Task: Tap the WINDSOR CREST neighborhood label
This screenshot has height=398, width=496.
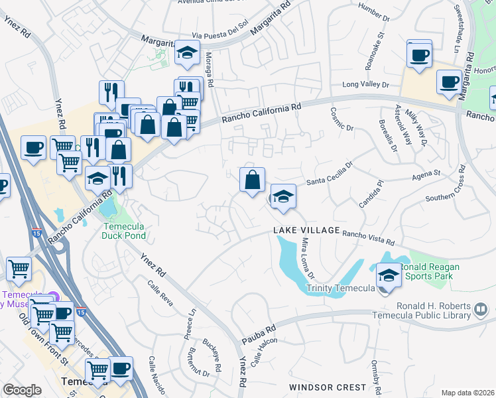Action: pos(327,387)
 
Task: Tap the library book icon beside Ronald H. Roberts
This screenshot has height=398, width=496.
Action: pos(481,309)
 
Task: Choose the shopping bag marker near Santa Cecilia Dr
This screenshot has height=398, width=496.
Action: pos(253,180)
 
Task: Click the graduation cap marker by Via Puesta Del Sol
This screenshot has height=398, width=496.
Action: pos(188,52)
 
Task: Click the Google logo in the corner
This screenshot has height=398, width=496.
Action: pos(22,390)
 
